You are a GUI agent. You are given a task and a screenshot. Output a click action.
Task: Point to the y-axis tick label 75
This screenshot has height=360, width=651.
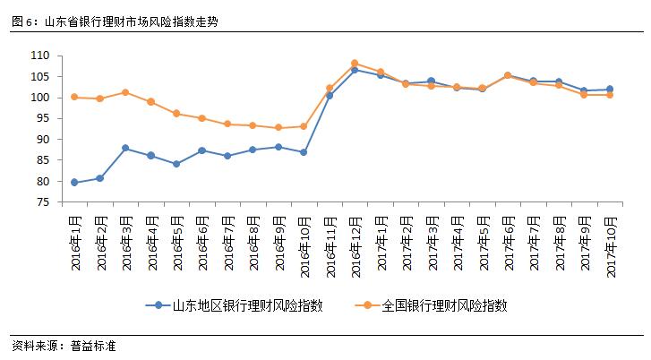41,202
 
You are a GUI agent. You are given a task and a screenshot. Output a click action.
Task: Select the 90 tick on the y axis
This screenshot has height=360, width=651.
41,140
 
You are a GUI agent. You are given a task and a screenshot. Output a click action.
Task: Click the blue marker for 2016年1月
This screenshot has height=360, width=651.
73,183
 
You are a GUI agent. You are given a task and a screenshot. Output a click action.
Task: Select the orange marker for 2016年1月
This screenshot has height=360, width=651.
73,97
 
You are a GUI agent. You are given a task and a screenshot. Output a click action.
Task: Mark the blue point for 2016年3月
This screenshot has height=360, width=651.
124,148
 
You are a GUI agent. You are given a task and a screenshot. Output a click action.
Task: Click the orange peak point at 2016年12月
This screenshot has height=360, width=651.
355,64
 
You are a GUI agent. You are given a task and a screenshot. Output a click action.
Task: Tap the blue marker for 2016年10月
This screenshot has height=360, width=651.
304,152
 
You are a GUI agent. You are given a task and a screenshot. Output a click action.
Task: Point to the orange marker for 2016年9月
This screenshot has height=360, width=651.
278,128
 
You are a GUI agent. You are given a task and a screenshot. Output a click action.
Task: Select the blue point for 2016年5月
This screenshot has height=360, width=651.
176,164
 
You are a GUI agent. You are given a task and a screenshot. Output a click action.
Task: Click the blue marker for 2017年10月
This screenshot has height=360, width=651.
610,89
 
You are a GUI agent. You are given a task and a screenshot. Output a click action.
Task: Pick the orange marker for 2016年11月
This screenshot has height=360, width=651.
330,89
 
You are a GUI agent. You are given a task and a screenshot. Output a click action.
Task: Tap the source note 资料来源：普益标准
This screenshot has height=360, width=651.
64,347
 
